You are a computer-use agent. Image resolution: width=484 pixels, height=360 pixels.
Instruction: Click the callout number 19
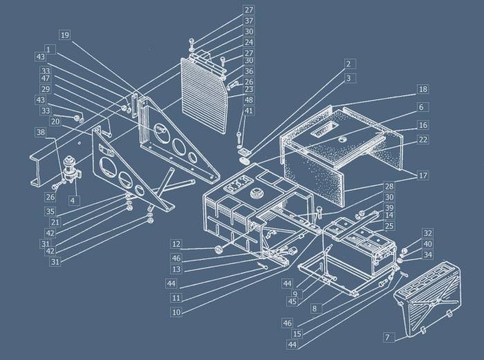(65, 35)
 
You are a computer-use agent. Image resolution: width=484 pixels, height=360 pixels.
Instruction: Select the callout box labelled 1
(48, 49)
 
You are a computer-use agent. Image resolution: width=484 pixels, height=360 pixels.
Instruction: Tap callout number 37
(248, 21)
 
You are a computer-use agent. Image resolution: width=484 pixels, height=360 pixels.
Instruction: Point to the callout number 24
(248, 42)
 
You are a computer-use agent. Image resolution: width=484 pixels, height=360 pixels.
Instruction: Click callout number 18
(423, 89)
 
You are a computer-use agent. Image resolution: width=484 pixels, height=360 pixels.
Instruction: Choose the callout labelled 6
(421, 107)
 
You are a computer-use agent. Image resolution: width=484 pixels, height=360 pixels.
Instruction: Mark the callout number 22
(423, 140)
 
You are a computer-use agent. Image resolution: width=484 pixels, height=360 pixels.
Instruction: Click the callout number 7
(388, 337)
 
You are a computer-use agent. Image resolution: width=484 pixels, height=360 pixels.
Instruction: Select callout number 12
(176, 245)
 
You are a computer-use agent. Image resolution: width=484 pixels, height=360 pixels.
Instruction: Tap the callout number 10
(176, 312)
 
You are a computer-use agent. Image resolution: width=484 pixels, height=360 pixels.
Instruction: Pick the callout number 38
(41, 133)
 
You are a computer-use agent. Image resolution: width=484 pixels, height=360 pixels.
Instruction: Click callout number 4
(72, 201)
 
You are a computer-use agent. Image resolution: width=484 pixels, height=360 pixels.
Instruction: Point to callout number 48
(248, 100)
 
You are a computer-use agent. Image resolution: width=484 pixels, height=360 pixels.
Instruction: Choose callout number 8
(314, 309)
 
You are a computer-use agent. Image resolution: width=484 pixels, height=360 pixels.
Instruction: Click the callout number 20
(55, 122)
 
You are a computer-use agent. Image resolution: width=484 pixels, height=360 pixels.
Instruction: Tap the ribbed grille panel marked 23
(205, 94)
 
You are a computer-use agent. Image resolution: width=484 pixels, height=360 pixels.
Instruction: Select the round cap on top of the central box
(256, 194)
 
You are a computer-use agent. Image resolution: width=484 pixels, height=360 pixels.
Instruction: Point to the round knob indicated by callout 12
(218, 249)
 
